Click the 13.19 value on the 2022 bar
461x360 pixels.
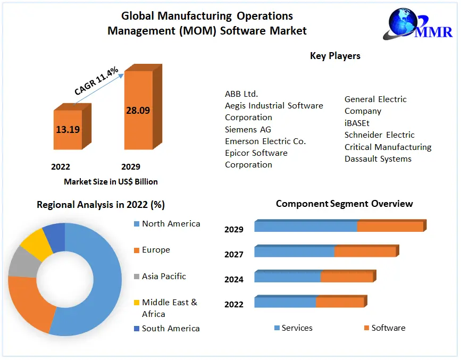pyautogui.click(x=68, y=129)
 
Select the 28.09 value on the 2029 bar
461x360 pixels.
pyautogui.click(x=138, y=111)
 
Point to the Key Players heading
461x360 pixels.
pyautogui.click(x=335, y=56)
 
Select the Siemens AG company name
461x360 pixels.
pyautogui.click(x=248, y=129)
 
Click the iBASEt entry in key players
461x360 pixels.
pyautogui.click(x=357, y=123)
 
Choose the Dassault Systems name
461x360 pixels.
pyautogui.click(x=378, y=158)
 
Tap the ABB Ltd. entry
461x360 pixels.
pyautogui.click(x=241, y=94)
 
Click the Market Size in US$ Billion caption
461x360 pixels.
pyautogui.click(x=111, y=181)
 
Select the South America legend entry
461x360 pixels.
pyautogui.click(x=171, y=328)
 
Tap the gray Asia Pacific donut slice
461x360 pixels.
pyautogui.click(x=20, y=262)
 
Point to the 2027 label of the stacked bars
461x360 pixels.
pyautogui.click(x=234, y=255)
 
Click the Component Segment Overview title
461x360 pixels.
pyautogui.click(x=344, y=204)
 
